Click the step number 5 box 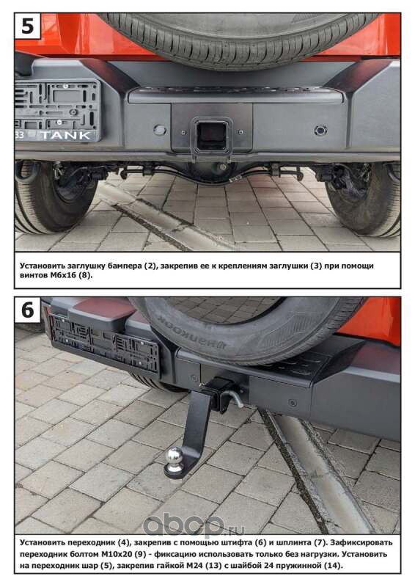[x=28, y=26]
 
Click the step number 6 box [x=28, y=310]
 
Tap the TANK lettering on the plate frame [x=66, y=135]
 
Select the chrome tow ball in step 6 [x=175, y=457]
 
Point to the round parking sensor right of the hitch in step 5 [x=320, y=131]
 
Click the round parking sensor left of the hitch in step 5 [x=160, y=130]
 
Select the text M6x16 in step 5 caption [x=63, y=275]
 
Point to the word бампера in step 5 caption [x=124, y=266]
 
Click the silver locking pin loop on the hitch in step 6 [x=236, y=398]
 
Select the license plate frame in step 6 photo [x=105, y=343]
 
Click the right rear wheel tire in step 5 [x=365, y=198]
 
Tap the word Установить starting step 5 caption [x=42, y=266]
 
